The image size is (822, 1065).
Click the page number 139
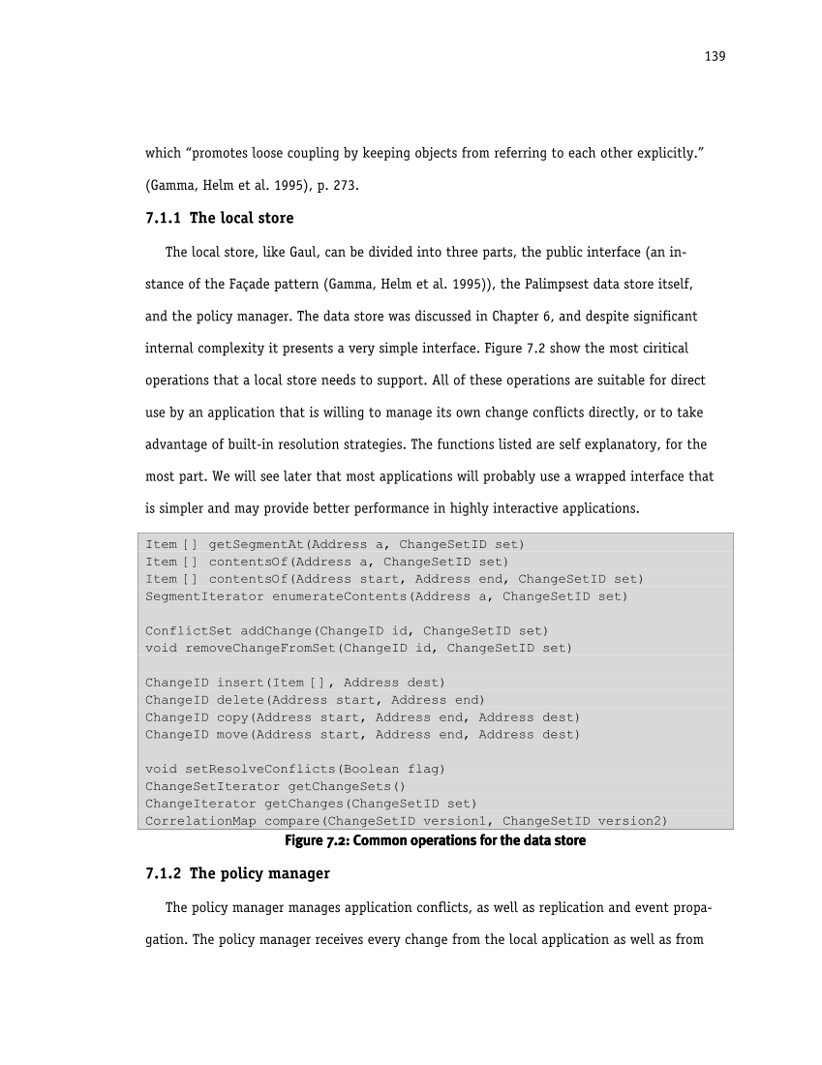[715, 56]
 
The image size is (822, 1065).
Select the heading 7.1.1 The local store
[219, 218]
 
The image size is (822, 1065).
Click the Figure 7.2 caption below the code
[435, 840]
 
